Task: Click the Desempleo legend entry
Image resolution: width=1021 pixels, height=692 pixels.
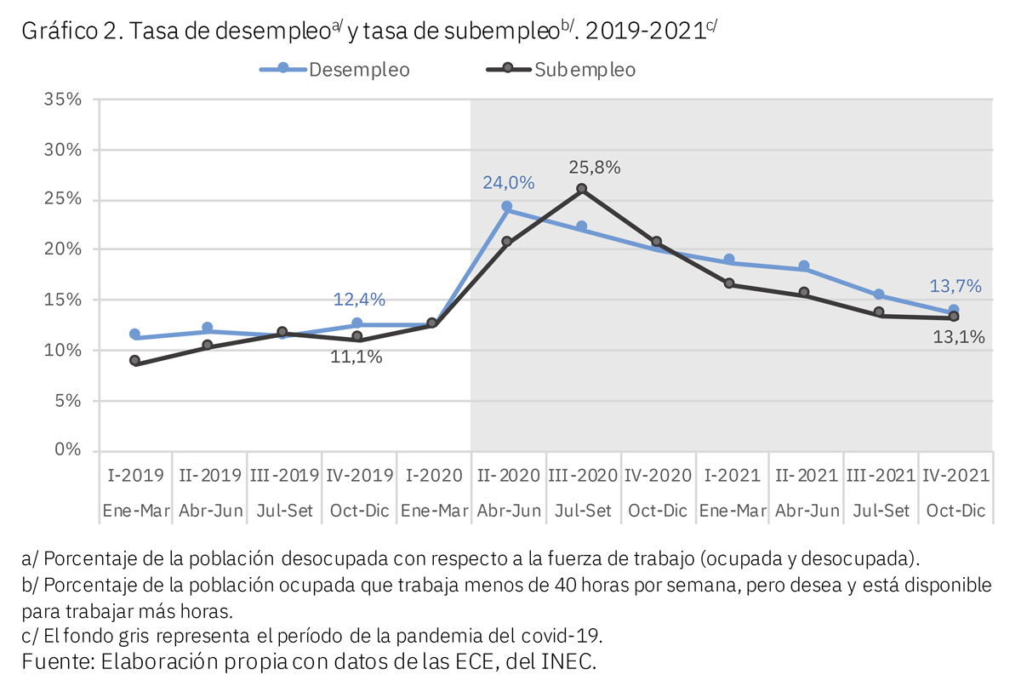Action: [335, 70]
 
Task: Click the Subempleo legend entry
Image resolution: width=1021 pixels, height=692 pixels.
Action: [562, 70]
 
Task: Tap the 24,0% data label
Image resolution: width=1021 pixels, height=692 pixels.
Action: [509, 182]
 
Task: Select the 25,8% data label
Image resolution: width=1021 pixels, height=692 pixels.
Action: [595, 168]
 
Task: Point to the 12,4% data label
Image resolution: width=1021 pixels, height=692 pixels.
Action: [360, 300]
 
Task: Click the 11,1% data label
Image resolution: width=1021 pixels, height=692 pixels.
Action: [356, 357]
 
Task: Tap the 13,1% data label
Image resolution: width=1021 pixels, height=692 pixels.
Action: [959, 337]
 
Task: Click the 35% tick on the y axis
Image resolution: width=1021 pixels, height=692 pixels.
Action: [63, 100]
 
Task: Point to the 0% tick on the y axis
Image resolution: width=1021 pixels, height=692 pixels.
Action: [68, 449]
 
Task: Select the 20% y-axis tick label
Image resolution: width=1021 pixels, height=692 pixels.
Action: [63, 249]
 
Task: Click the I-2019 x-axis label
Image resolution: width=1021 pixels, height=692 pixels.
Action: [135, 476]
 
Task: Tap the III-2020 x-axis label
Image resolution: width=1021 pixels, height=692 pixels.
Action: [582, 476]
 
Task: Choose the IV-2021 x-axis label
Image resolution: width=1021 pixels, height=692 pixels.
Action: [955, 476]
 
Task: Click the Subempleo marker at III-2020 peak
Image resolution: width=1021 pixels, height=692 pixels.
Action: [582, 189]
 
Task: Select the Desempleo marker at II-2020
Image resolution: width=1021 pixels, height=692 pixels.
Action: [507, 207]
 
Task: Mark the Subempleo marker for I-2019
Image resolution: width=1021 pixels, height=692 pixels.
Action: [135, 361]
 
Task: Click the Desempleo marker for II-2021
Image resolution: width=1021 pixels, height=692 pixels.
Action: [804, 266]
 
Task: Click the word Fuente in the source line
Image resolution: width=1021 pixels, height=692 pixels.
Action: [54, 661]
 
